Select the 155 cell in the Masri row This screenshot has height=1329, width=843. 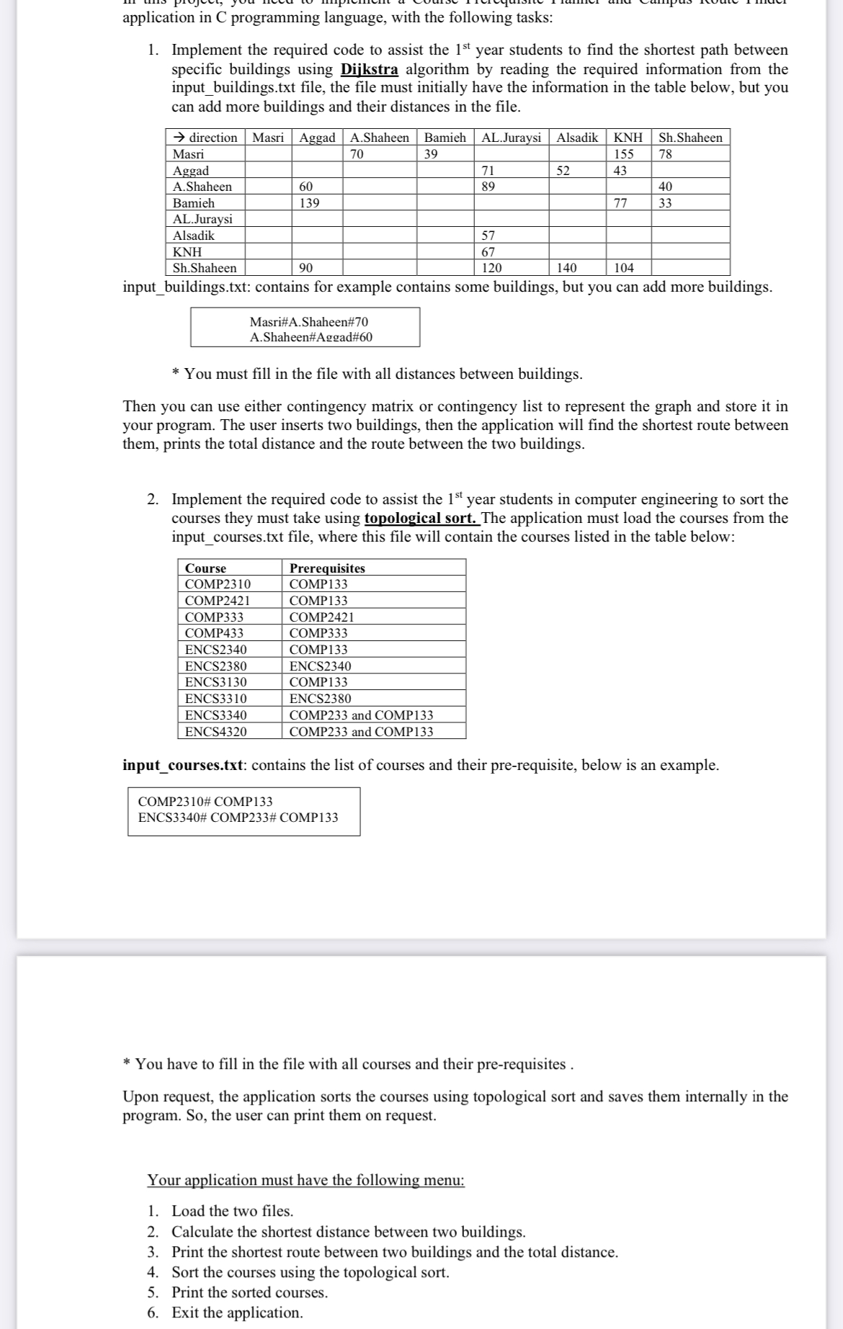point(623,154)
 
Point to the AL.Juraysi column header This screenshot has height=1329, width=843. point(511,138)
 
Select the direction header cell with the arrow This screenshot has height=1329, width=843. point(206,138)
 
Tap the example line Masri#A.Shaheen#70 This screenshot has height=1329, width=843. point(308,322)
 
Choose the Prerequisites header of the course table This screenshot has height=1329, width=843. point(327,568)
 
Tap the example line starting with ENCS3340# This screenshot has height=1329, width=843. point(238,818)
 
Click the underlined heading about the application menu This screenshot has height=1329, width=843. point(306,1180)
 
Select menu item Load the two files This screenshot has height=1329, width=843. point(232,1211)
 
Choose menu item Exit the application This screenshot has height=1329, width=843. point(237,1312)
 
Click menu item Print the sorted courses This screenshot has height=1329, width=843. point(249,1292)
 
